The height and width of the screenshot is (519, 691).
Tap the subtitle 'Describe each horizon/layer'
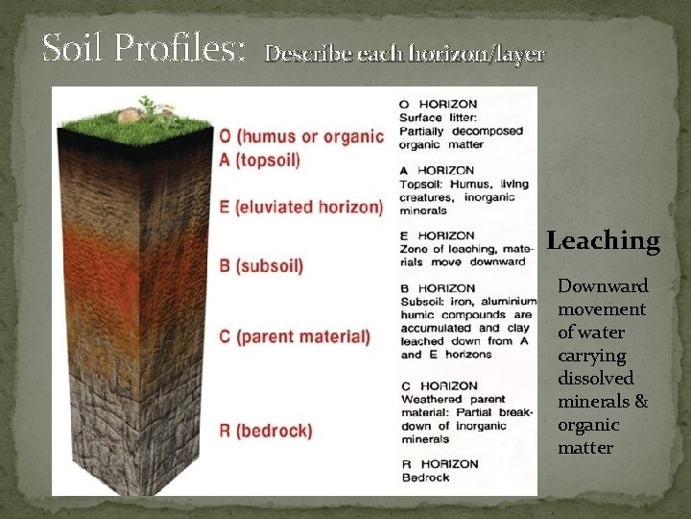405,54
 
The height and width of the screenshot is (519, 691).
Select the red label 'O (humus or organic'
301,136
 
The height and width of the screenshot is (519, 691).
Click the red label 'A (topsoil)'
259,161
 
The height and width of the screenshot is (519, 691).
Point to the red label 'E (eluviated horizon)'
301,207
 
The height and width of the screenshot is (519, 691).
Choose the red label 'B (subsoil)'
261,265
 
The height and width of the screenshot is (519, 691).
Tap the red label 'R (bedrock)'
266,430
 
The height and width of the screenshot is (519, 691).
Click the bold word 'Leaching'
604,241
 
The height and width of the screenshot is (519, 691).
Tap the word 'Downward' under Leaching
603,286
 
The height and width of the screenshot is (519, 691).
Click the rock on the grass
130,116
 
